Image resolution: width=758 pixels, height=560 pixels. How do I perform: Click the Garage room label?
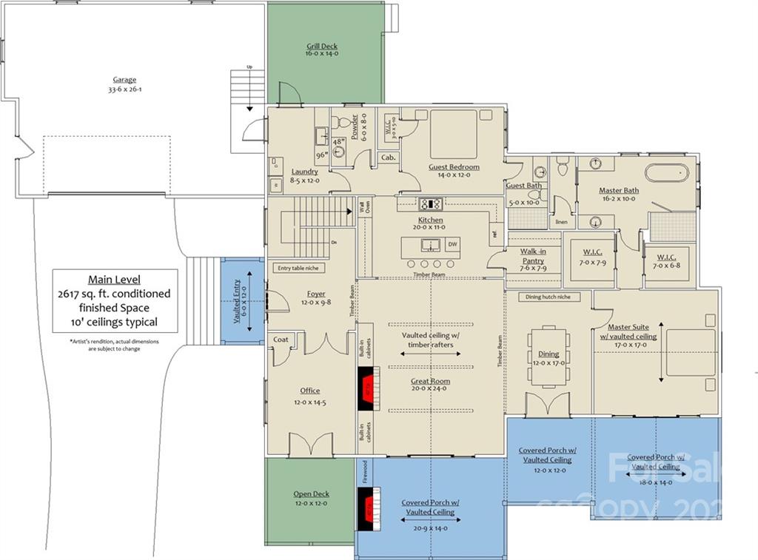[x=124, y=80]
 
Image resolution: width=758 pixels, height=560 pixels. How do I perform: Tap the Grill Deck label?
[x=322, y=47]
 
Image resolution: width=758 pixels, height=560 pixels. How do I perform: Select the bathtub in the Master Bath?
[x=666, y=172]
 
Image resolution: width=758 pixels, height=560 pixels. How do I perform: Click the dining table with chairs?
[x=549, y=356]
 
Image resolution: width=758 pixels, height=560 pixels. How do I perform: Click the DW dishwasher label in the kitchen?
[x=452, y=244]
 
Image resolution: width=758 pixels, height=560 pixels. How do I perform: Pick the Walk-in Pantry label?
[x=533, y=256]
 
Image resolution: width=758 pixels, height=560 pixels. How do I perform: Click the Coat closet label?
[x=281, y=340]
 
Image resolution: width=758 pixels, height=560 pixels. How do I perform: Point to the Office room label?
[x=310, y=391]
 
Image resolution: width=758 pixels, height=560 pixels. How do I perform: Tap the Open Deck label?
[x=312, y=494]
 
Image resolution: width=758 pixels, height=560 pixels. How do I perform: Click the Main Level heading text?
[x=115, y=280]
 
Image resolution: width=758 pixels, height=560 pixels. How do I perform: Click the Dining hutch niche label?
[x=549, y=297]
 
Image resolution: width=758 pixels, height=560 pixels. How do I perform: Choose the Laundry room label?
[x=305, y=172]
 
